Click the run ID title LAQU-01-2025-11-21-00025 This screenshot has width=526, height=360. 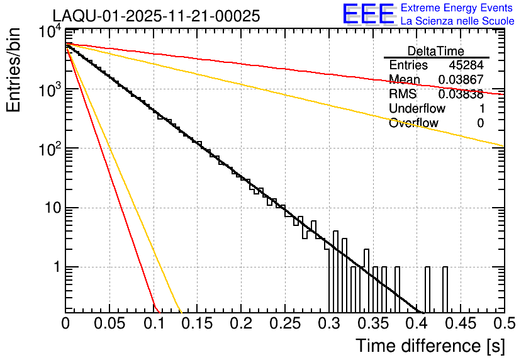[156, 16]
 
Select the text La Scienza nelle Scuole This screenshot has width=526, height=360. [457, 21]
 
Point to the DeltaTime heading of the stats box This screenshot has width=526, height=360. [436, 51]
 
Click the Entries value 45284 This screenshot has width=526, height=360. [466, 65]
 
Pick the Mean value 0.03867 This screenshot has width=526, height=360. [461, 80]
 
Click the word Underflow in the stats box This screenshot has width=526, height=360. [417, 108]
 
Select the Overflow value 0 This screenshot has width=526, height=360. [480, 123]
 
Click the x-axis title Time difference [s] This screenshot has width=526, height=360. [429, 346]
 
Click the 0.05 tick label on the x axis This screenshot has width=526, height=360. [109, 324]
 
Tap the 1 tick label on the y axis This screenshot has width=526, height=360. [55, 267]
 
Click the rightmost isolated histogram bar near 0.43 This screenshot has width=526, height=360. [445, 290]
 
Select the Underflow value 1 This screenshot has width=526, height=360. [481, 108]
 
